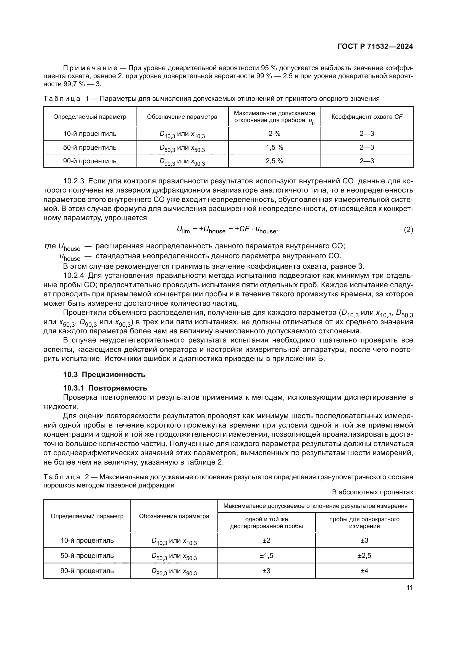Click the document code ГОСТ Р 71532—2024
tap(375, 47)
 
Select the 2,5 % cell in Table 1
tap(274, 161)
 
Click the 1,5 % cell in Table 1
tap(274, 147)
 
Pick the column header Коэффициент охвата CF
tap(367, 117)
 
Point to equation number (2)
tap(408, 230)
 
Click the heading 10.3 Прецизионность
tap(104, 375)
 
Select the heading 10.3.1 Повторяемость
tap(105, 388)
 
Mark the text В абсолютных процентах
tap(372, 492)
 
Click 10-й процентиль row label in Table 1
tap(90, 134)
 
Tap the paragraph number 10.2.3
tap(74, 181)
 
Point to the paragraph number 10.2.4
tap(74, 275)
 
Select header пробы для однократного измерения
tap(364, 523)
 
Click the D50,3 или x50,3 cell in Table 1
tap(182, 148)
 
